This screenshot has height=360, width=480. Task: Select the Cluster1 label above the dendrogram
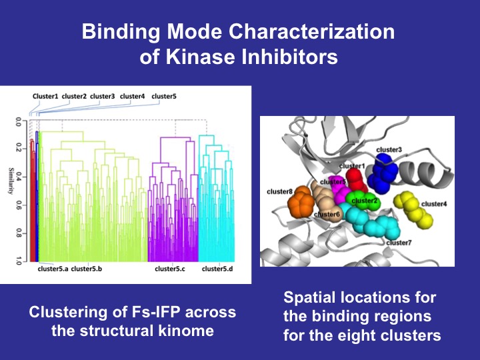(x=45, y=96)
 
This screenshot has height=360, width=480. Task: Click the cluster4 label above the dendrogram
(x=132, y=96)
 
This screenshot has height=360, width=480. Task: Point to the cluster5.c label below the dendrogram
(x=170, y=269)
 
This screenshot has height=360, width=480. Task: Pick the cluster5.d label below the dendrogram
(x=217, y=269)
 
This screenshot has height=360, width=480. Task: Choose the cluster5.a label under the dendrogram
(x=53, y=269)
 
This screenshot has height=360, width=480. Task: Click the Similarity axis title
(x=11, y=181)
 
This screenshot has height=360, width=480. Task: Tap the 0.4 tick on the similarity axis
(x=18, y=177)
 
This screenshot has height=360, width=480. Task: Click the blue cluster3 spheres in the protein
(x=383, y=172)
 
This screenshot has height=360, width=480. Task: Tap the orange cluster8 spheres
(x=301, y=202)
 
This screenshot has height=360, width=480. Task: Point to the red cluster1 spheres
(x=356, y=181)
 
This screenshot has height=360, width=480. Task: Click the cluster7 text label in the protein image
(x=399, y=243)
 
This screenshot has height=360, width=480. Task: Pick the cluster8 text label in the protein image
(x=280, y=191)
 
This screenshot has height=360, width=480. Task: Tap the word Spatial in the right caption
(x=309, y=298)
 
